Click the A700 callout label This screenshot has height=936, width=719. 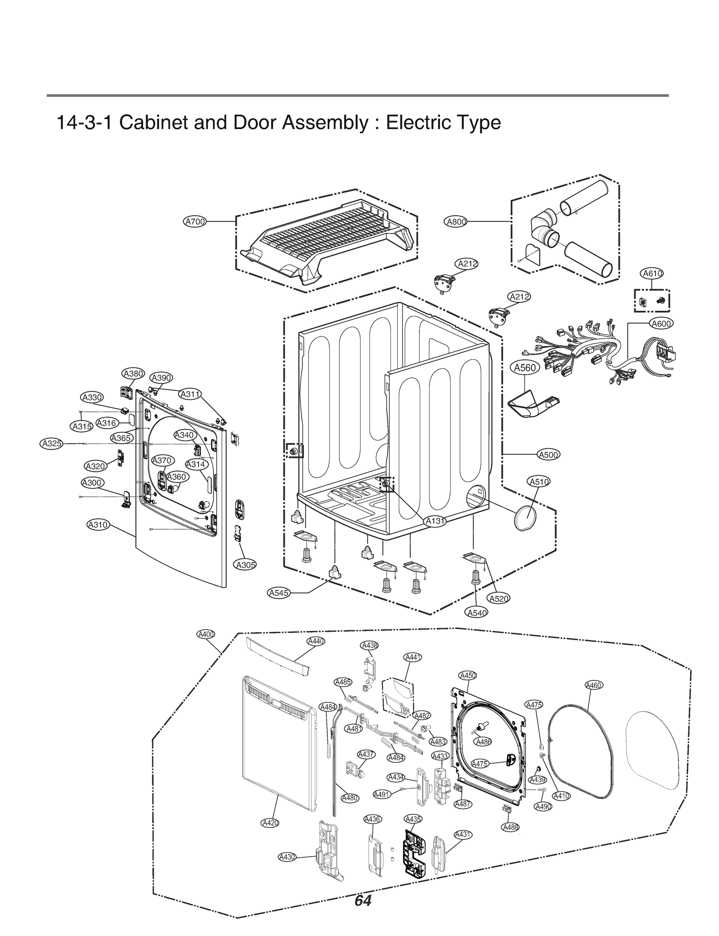point(195,222)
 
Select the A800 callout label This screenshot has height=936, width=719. point(456,222)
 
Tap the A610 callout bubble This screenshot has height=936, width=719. point(652,273)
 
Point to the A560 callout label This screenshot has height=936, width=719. point(525,367)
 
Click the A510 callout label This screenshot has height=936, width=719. point(539,482)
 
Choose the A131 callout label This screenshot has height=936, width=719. point(435,521)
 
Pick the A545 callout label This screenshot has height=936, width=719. point(279,593)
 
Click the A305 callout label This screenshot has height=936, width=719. point(246,565)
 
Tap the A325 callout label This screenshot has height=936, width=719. point(52,443)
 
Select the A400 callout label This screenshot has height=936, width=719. point(206,634)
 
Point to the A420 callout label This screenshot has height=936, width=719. point(270,823)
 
